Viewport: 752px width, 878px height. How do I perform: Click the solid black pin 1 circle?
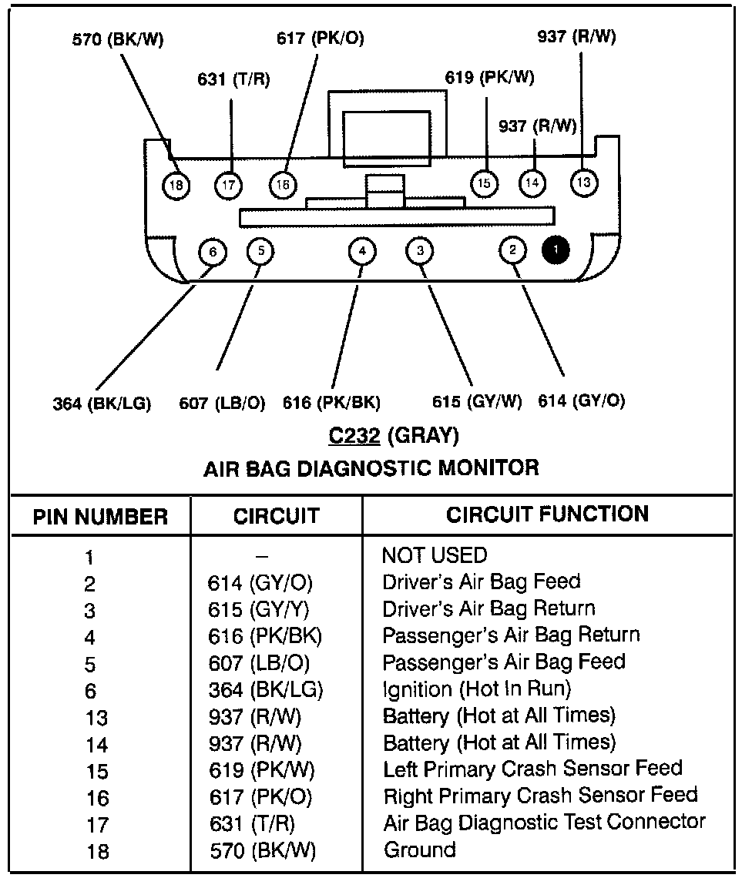coord(556,250)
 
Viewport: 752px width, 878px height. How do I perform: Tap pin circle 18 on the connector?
coord(177,185)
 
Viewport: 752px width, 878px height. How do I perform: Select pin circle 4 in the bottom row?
coord(361,250)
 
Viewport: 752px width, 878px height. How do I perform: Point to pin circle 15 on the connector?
coord(484,183)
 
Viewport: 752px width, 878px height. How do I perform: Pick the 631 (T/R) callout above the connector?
coord(233,79)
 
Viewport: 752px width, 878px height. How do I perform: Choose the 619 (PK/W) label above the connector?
coord(489,78)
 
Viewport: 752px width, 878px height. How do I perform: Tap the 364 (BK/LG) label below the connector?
coord(102,403)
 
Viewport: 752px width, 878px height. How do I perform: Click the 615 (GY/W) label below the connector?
coord(477,401)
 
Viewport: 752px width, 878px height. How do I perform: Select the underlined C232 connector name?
coord(355,436)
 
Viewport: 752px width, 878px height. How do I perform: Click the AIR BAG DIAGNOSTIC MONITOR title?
coord(371,467)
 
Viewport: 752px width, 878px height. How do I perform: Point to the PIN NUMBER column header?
coord(100,516)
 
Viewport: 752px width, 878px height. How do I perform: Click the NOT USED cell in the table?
coord(435,555)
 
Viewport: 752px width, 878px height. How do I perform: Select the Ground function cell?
coord(419,850)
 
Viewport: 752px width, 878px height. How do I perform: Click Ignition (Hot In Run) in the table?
coord(476,689)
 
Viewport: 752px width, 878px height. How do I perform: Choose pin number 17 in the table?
coord(98,825)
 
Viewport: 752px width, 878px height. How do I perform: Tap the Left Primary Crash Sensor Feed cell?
coord(532,769)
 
